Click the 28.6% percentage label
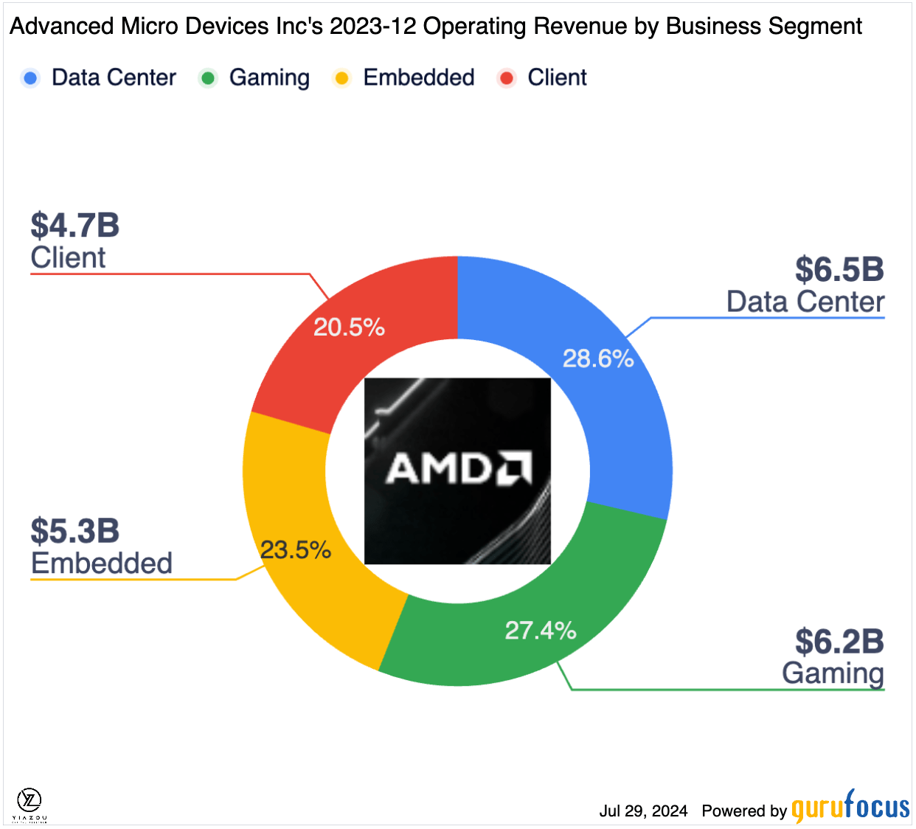tap(598, 359)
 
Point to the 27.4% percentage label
tap(541, 631)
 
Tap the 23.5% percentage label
tap(295, 550)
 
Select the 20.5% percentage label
tap(349, 327)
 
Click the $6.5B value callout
tap(839, 270)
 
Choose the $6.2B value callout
tap(839, 642)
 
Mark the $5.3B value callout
tap(75, 531)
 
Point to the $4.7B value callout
tap(75, 226)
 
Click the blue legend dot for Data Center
tap(30, 78)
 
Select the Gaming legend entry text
tap(269, 78)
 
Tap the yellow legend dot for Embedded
tap(341, 78)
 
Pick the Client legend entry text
tap(557, 78)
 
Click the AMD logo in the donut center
tap(457, 471)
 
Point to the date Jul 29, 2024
tap(643, 811)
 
